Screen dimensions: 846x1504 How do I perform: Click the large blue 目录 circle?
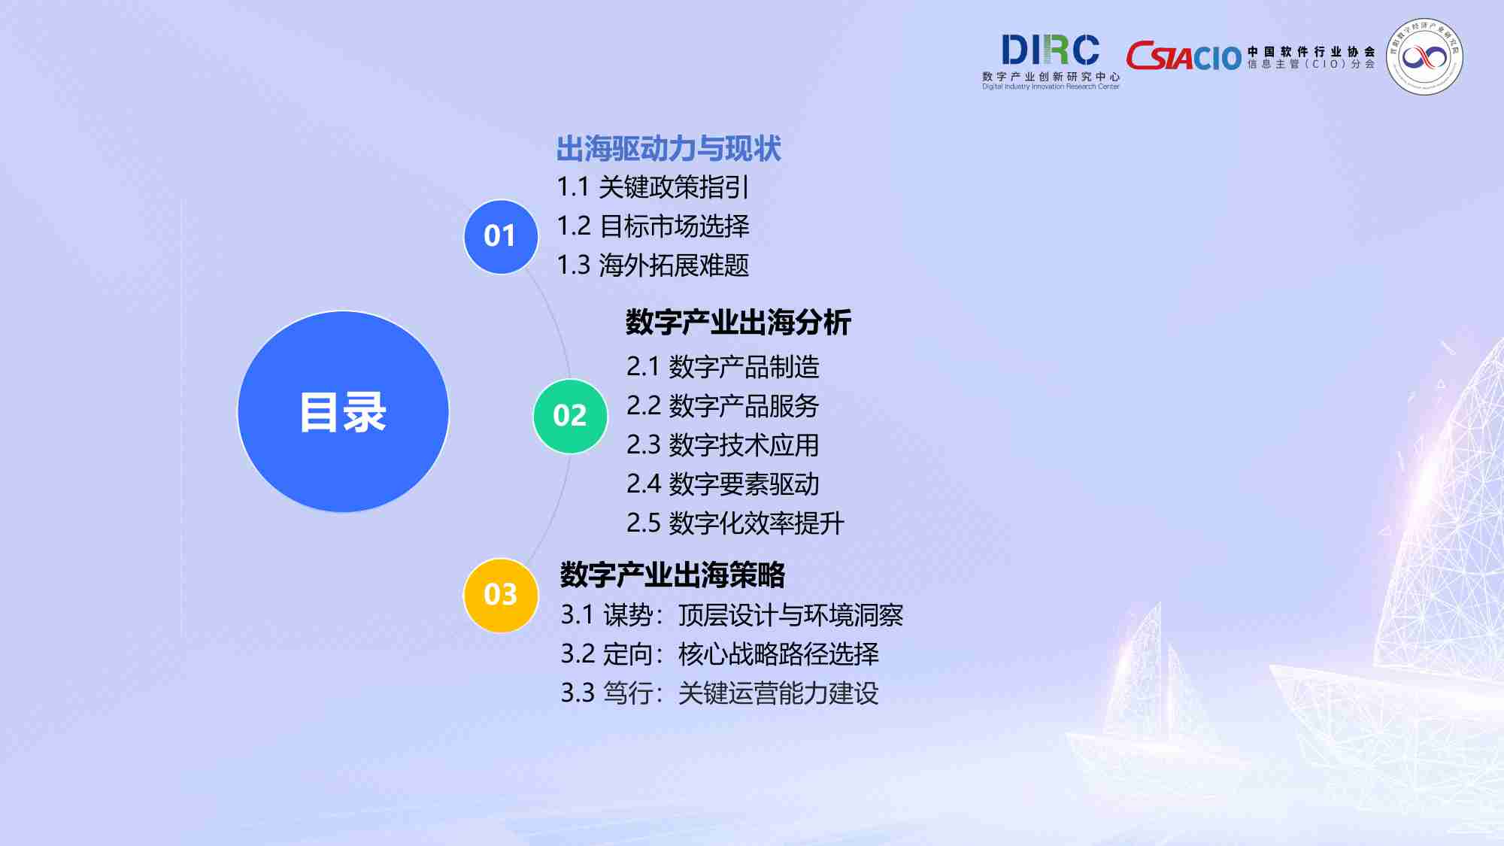tap(343, 411)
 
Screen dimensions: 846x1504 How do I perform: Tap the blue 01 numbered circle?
tap(500, 236)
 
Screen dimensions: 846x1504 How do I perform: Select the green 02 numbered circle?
tap(570, 416)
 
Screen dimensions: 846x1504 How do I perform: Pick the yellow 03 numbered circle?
tap(500, 595)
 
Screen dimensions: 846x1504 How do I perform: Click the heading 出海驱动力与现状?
tap(669, 149)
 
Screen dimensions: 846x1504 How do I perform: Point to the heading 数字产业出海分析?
tap(738, 323)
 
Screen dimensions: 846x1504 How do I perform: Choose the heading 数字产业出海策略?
tap(672, 575)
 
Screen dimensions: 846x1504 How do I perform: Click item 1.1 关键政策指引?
tap(653, 187)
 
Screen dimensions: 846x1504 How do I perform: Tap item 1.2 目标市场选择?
tap(653, 226)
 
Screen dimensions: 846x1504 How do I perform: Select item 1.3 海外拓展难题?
tap(653, 265)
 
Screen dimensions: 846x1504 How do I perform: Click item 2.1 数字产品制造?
tap(723, 367)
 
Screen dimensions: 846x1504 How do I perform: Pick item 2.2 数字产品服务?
tap(723, 406)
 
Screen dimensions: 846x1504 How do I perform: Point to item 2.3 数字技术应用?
tap(723, 445)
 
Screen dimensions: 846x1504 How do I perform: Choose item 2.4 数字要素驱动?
tap(723, 484)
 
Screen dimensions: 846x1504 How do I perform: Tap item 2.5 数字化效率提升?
tap(735, 523)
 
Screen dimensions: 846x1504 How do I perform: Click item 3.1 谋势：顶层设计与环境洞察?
tap(732, 615)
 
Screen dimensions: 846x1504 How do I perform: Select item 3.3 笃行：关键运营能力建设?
tap(720, 693)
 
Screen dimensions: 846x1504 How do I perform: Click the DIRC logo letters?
tap(1050, 51)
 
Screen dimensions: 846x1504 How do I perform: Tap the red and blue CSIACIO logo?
tap(1183, 56)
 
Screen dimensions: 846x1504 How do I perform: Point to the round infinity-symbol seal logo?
tap(1424, 56)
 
